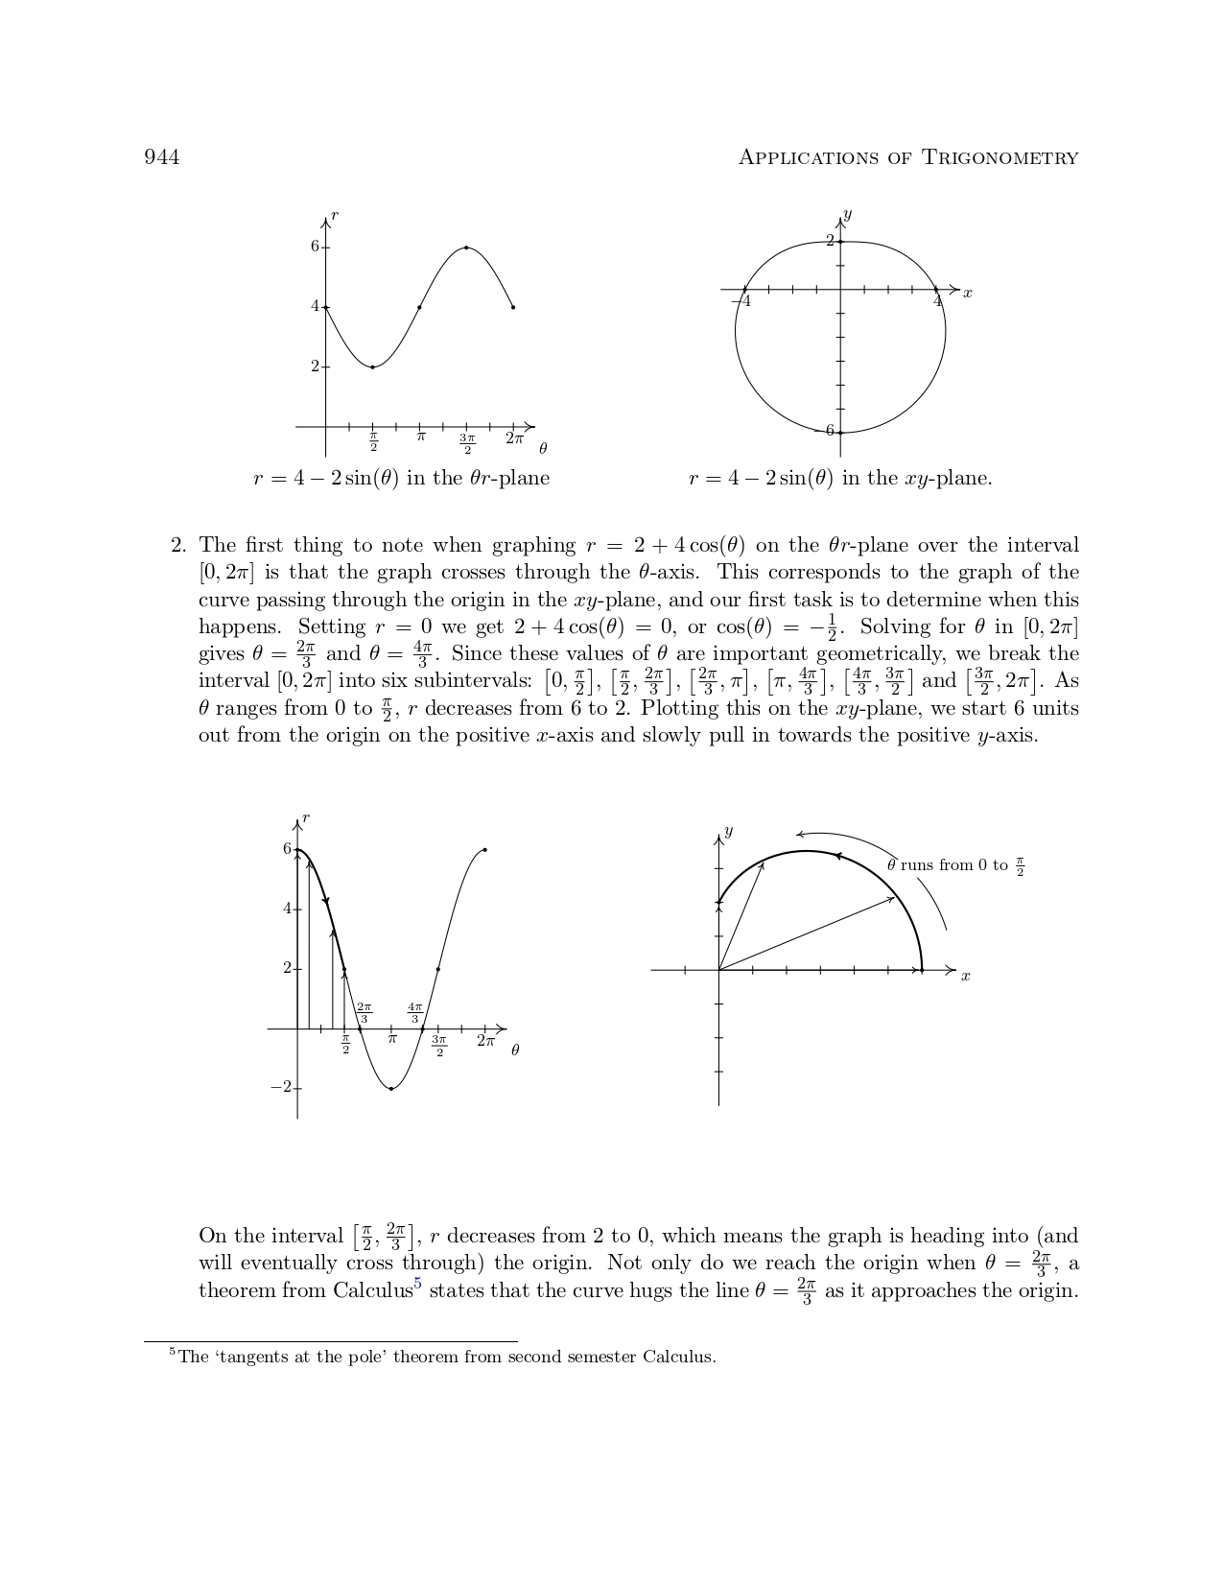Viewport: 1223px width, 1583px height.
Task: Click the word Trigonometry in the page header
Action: [1000, 157]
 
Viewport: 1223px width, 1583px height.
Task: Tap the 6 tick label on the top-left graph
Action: [315, 247]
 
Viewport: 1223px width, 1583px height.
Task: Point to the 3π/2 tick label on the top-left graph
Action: [467, 444]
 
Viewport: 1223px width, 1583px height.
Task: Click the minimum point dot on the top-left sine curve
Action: [372, 367]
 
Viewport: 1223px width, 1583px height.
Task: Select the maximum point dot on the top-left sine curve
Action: [466, 248]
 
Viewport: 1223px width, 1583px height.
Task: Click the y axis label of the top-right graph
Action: [847, 214]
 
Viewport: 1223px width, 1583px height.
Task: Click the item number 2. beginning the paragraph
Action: [178, 546]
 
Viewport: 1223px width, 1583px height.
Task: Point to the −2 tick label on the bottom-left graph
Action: [280, 1087]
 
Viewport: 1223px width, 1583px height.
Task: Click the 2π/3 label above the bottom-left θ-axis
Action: [364, 1012]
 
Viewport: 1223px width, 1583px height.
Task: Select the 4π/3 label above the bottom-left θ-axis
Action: [414, 1012]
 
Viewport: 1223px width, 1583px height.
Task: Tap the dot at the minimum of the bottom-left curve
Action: [391, 1089]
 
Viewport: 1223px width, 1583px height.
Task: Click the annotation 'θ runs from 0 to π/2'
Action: [955, 865]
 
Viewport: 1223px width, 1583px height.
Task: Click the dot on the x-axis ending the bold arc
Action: [922, 970]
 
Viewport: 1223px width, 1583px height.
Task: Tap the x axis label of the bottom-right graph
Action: [966, 977]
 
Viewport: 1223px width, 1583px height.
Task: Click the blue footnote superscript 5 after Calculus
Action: [417, 1284]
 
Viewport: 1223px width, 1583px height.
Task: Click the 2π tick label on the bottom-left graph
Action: [486, 1041]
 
